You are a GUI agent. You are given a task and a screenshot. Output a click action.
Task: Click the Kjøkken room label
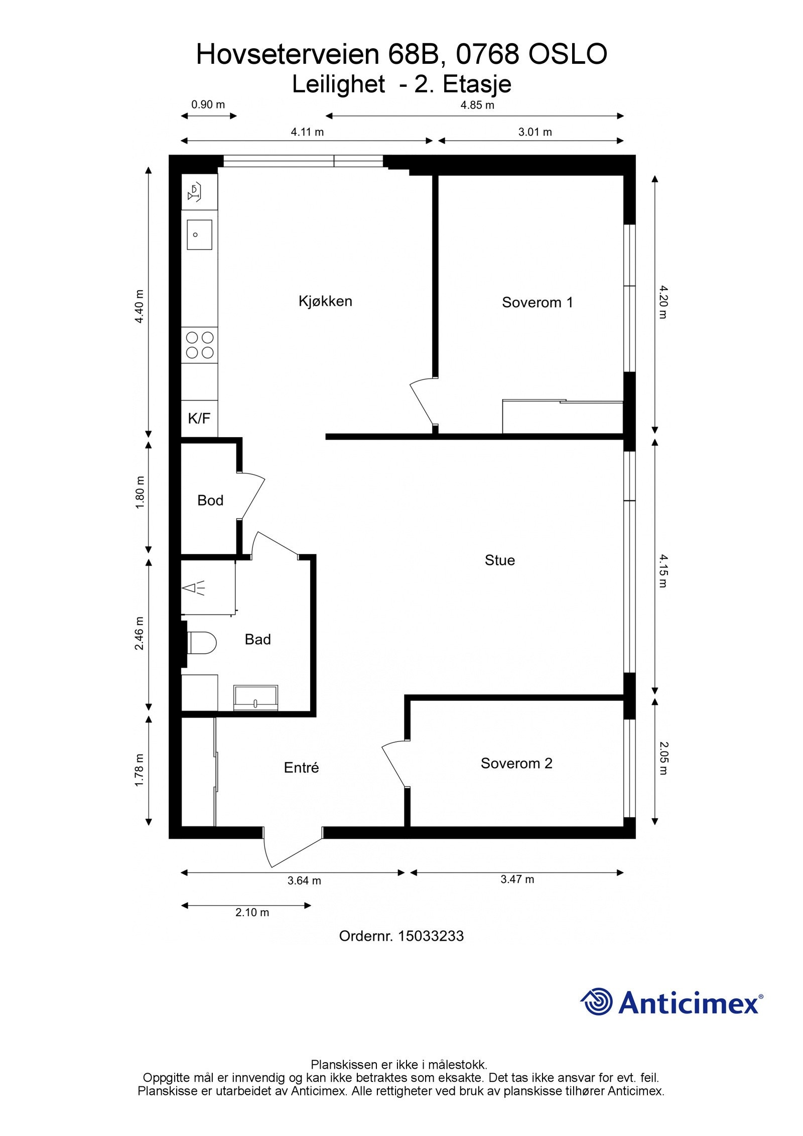coord(325,301)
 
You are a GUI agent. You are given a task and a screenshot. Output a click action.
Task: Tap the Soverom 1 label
coord(537,302)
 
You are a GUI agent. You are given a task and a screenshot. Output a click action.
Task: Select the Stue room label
coord(499,560)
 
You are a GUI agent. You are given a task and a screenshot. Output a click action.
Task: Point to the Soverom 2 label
coord(516,763)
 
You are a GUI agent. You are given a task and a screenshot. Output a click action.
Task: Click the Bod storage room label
coord(210,500)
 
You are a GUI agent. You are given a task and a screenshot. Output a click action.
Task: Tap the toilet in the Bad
coord(202,643)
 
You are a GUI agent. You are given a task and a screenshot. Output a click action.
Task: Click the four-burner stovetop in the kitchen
coord(200,345)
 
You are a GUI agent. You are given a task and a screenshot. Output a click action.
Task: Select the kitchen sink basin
coord(199,234)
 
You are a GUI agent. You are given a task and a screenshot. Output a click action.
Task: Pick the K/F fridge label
coord(199,418)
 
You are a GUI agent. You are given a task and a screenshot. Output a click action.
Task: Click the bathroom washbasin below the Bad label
coord(255,698)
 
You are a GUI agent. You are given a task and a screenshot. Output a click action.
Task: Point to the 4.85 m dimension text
coord(477,105)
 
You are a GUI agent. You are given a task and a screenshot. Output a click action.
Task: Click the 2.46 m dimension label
coord(139,633)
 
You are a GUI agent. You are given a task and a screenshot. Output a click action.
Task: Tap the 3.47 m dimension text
coord(517,879)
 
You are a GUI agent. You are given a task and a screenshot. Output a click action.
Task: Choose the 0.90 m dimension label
coord(208,105)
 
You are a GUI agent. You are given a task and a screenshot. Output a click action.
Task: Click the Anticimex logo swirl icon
coord(597,1001)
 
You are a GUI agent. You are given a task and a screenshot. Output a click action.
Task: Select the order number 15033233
coord(431,936)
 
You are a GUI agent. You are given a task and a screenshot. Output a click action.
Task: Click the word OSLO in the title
coord(567,54)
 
